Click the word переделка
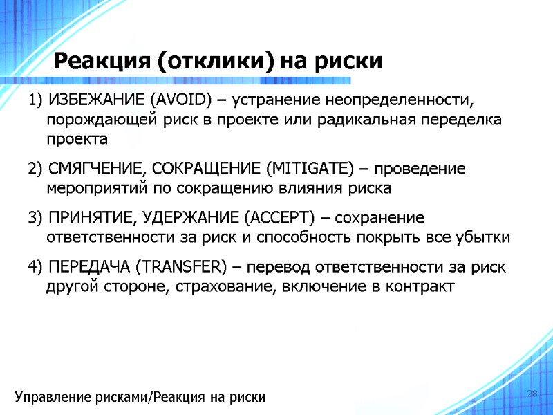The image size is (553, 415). [458, 120]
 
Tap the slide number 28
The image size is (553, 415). [532, 394]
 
